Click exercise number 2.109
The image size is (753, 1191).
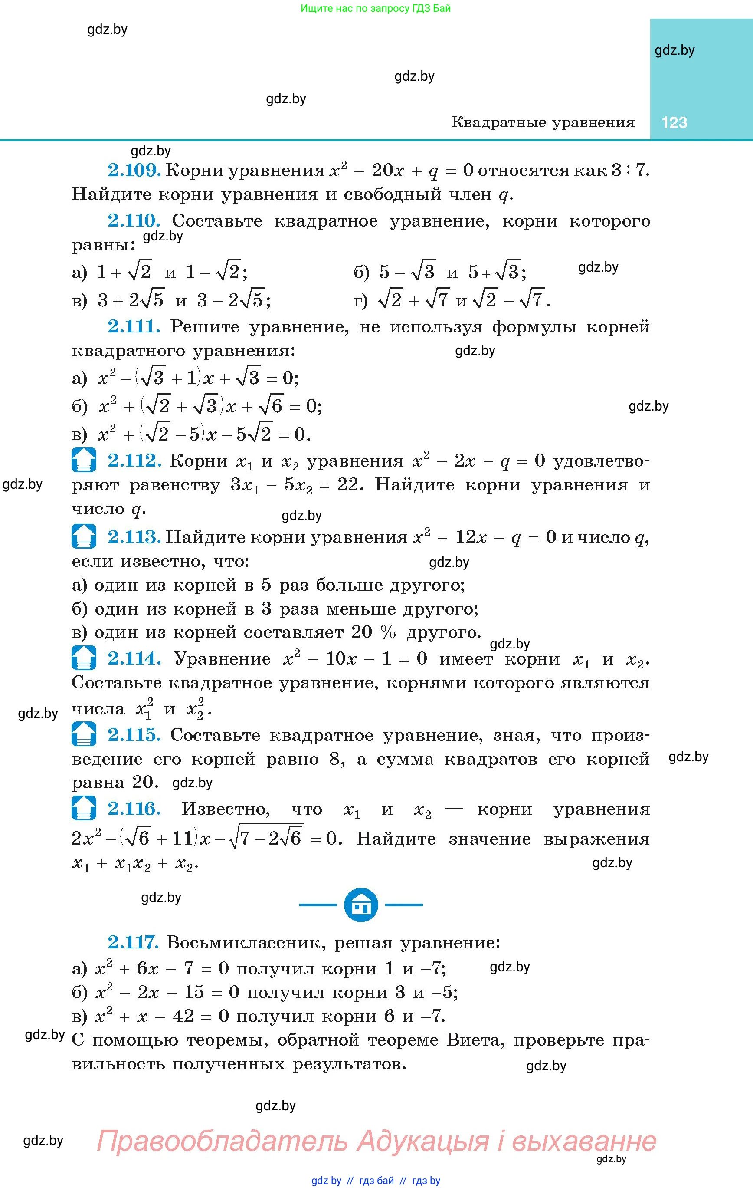pos(134,170)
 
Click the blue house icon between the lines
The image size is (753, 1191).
pos(361,905)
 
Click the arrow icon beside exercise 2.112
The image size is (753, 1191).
pos(84,460)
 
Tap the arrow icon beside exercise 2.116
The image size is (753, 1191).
pos(84,808)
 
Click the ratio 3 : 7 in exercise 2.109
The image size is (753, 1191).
pos(629,170)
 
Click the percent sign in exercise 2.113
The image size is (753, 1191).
pos(388,632)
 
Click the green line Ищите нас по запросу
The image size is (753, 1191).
pos(376,8)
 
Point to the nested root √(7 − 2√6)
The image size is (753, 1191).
pos(267,839)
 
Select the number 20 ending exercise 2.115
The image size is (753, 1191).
pos(145,783)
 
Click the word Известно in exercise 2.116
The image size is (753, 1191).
pos(226,809)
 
